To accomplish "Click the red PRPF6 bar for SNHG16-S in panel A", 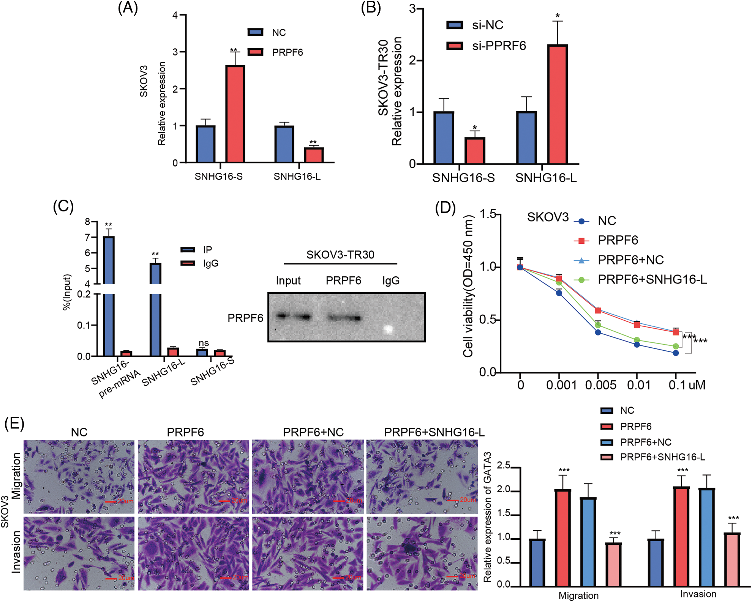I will click(235, 114).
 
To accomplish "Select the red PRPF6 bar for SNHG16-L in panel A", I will click(314, 155).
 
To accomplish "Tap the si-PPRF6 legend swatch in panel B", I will click(455, 46).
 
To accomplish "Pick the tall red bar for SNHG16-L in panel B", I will click(558, 104).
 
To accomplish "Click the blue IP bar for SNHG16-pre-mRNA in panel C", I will click(109, 296).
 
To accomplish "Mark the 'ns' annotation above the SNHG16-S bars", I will click(204, 343).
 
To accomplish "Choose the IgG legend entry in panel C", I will click(211, 263).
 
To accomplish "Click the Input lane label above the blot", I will click(288, 281).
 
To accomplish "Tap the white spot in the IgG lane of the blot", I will click(388, 329).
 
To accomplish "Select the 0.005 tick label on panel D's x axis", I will click(600, 385).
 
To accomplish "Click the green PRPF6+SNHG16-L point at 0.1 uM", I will click(676, 346).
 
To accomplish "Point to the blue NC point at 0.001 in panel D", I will click(559, 293).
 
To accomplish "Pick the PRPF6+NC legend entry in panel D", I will click(630, 260).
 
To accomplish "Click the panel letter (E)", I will click(14, 423).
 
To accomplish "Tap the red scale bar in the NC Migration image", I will click(111, 501).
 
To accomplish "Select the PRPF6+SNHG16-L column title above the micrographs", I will click(434, 432).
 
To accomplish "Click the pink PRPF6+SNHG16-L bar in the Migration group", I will click(613, 564).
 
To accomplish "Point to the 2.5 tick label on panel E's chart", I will click(504, 465).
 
